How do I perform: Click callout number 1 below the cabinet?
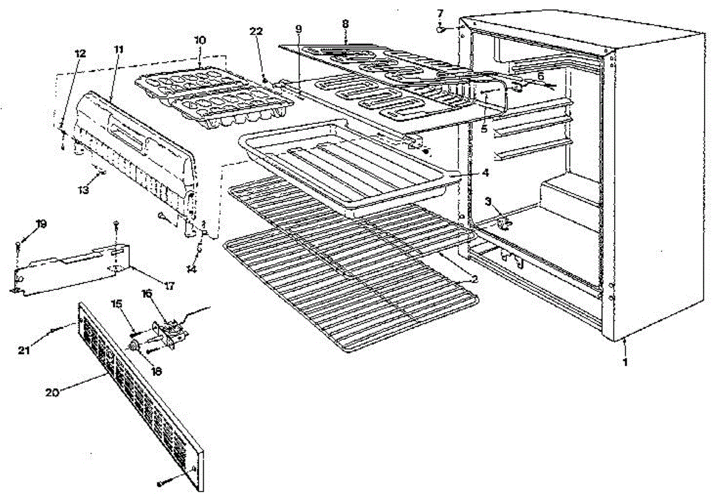pyautogui.click(x=626, y=362)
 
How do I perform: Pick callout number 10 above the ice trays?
pyautogui.click(x=200, y=40)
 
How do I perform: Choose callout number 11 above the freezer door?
pyautogui.click(x=118, y=48)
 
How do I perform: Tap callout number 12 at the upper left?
pyautogui.click(x=80, y=53)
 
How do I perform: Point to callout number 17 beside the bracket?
pyautogui.click(x=169, y=286)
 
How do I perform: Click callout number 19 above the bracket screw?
pyautogui.click(x=41, y=224)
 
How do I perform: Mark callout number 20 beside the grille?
pyautogui.click(x=53, y=393)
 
